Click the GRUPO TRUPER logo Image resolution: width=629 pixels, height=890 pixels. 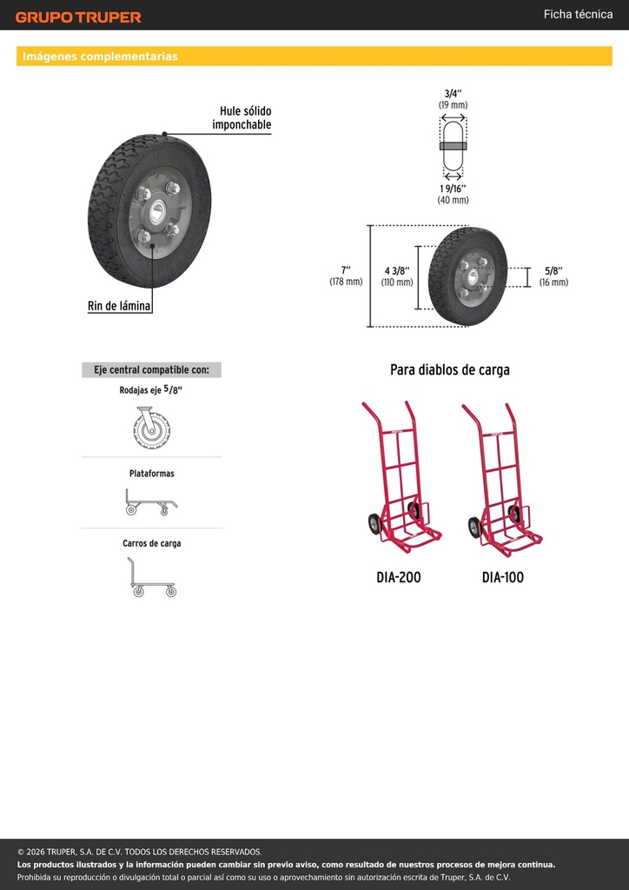(78, 17)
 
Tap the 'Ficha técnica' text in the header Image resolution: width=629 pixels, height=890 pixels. (578, 14)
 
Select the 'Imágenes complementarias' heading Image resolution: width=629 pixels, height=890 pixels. (100, 56)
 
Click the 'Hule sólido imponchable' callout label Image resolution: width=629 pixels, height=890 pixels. (242, 117)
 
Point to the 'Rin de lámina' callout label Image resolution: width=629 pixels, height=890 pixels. (119, 306)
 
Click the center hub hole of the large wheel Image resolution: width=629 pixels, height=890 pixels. (157, 212)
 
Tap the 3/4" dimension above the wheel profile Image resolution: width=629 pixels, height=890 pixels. (453, 98)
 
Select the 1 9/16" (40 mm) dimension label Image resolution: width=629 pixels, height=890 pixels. (453, 194)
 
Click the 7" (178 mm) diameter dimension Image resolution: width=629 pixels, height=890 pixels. (346, 276)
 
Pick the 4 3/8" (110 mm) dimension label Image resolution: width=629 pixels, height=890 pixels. (397, 276)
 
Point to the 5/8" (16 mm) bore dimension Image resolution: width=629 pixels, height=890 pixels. (553, 276)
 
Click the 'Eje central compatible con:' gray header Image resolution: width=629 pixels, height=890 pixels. (151, 370)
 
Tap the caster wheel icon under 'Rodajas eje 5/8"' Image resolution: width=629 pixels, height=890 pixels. (151, 427)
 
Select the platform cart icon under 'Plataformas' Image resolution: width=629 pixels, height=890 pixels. (151, 502)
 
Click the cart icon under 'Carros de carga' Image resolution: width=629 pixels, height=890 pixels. (151, 577)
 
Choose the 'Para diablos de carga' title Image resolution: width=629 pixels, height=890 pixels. (450, 369)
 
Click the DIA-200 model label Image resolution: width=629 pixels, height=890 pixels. (399, 577)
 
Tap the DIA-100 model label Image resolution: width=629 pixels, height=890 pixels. (502, 577)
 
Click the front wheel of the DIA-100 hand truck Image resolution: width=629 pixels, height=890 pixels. (474, 528)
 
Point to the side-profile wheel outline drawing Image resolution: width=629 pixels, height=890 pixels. (454, 145)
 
